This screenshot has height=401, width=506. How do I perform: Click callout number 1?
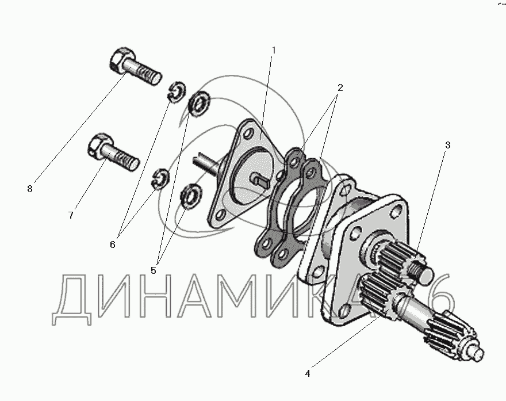(x=274, y=51)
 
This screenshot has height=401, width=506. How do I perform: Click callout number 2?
(x=340, y=87)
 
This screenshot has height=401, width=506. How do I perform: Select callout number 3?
(x=447, y=146)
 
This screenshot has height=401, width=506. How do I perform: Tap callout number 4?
(x=308, y=373)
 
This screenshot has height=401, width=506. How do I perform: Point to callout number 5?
(x=154, y=270)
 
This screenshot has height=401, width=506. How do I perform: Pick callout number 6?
(x=112, y=245)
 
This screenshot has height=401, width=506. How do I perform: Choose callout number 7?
(x=71, y=215)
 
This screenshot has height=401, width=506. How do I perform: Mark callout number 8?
(x=30, y=189)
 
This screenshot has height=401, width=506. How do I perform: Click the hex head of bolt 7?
(x=99, y=144)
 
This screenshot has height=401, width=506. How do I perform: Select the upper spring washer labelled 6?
(x=177, y=93)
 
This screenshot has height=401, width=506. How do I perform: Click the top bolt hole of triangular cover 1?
(x=248, y=133)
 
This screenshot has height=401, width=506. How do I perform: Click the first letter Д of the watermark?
(x=72, y=300)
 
